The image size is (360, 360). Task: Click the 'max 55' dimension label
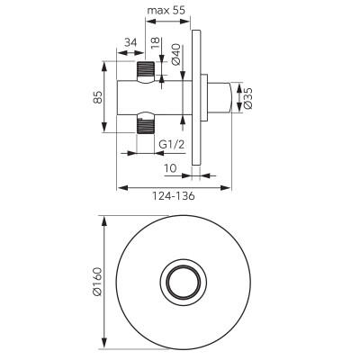point(166,11)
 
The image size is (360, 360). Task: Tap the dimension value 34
point(130,42)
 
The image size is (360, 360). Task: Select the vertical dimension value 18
point(155,44)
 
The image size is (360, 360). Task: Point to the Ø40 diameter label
point(176,54)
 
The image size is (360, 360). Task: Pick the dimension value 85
point(98,97)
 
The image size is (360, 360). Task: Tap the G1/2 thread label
point(171,145)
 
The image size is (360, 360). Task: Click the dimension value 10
point(171,168)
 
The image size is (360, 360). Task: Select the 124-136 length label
point(174,196)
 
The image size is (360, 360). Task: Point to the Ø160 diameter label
point(98,282)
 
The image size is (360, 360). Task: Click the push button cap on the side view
point(220,98)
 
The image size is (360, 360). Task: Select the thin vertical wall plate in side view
point(196,98)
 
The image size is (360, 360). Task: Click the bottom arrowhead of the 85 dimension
point(104,127)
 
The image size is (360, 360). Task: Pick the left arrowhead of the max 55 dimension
point(151,22)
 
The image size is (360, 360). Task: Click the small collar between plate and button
point(204,98)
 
